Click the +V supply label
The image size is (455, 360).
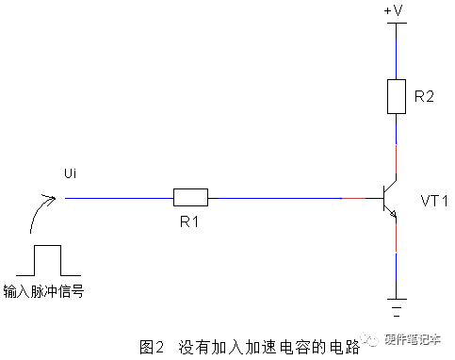click(393, 10)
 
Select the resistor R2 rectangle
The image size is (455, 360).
click(397, 96)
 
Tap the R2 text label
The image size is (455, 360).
click(424, 96)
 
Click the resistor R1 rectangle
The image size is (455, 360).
click(190, 197)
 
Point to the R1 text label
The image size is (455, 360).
click(189, 221)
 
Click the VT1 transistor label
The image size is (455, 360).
click(434, 201)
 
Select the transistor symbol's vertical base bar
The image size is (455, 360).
click(384, 198)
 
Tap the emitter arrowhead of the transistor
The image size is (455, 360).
click(393, 214)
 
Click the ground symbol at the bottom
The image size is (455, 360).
click(397, 307)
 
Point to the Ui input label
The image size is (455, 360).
click(71, 173)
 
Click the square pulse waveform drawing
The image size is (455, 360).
click(48, 260)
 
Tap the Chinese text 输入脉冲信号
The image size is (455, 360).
click(43, 291)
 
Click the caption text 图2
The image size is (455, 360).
click(152, 347)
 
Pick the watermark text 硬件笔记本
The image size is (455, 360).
click(413, 339)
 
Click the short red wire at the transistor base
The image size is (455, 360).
click(353, 198)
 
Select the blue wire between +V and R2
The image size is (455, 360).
click(397, 59)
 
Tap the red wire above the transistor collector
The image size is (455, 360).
click(397, 159)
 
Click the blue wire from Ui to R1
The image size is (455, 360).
click(119, 198)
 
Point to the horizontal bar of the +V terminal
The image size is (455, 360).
click(397, 23)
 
